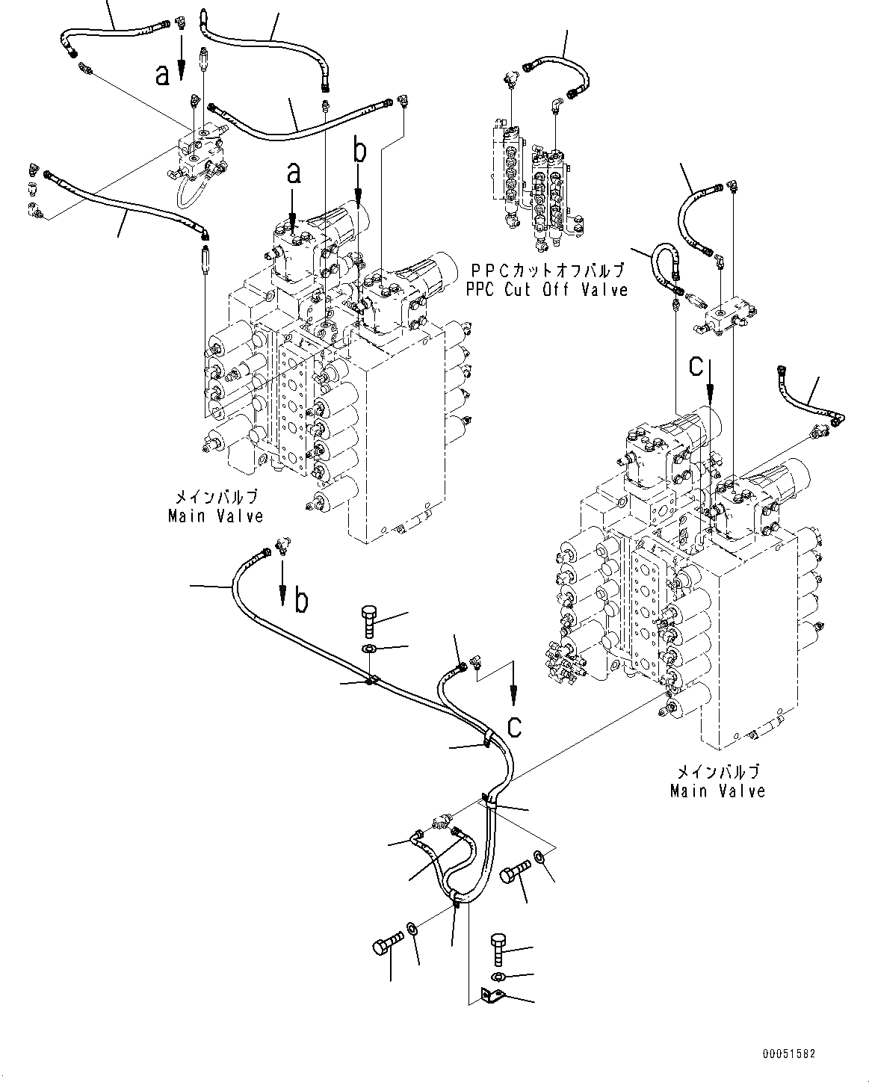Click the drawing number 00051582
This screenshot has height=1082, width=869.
tap(788, 1054)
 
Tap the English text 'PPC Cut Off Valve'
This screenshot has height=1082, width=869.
tap(547, 289)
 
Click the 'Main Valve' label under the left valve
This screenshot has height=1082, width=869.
tap(215, 516)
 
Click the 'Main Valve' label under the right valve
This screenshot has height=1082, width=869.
tap(717, 791)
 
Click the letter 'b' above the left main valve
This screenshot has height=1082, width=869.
tap(360, 152)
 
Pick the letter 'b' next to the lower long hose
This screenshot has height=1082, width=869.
tap(301, 601)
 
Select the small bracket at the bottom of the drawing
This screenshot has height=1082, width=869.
tap(491, 995)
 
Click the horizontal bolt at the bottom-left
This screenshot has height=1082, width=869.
tap(386, 944)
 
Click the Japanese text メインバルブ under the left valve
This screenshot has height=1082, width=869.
tap(216, 497)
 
